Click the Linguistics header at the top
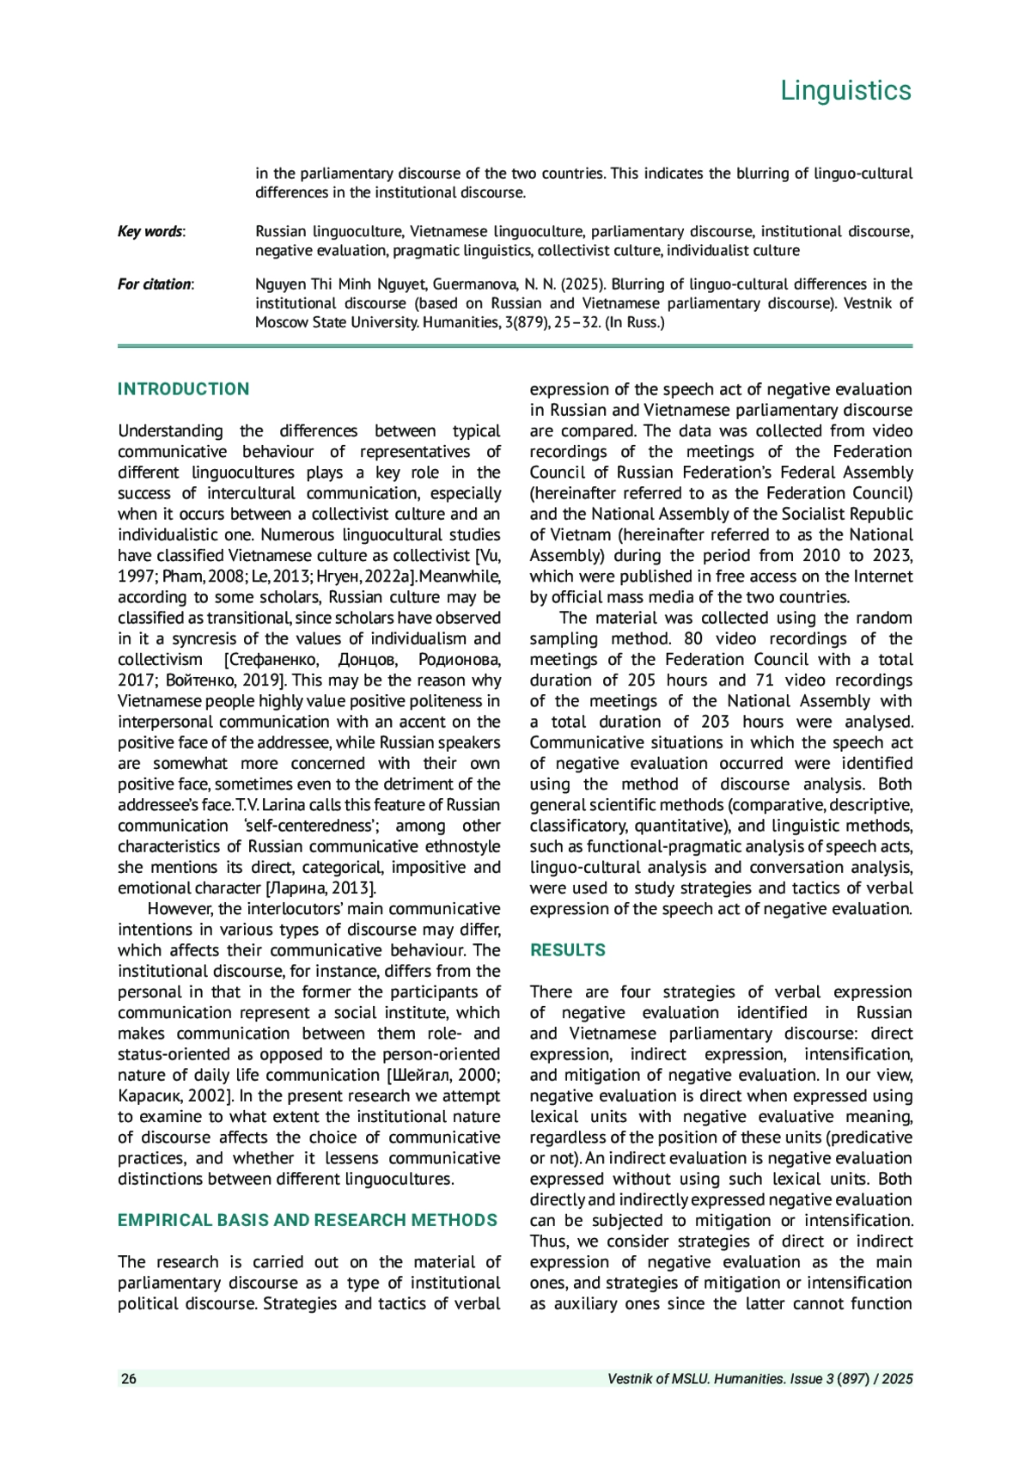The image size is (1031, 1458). pos(845,90)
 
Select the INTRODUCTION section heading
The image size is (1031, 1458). pos(183,389)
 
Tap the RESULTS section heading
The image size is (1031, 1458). pos(567,950)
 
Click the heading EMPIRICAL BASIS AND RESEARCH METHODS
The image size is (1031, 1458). pos(308,1220)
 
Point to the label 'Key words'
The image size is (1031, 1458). pos(150,231)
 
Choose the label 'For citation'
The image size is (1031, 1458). pos(155,284)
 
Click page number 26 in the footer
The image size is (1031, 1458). pos(129,1379)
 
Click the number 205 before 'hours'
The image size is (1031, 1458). pos(642,680)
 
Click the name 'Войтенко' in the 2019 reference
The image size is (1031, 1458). pos(200,680)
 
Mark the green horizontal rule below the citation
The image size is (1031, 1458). pos(515,346)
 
